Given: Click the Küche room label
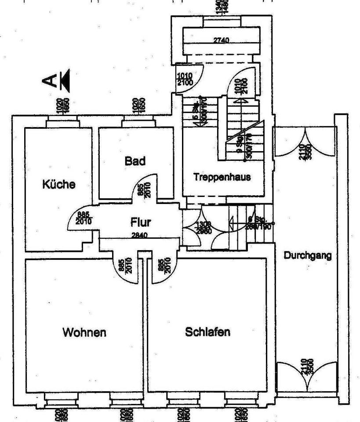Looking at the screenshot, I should tap(58, 184).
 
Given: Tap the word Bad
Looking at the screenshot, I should tap(135, 161).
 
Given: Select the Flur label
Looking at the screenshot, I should tap(141, 222).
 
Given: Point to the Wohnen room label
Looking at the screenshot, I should tap(84, 331).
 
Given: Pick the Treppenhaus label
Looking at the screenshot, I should tap(222, 177).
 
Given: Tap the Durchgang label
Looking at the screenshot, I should tap(307, 255).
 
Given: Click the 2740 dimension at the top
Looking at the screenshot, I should tap(221, 40).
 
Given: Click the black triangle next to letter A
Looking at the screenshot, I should tap(65, 80).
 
